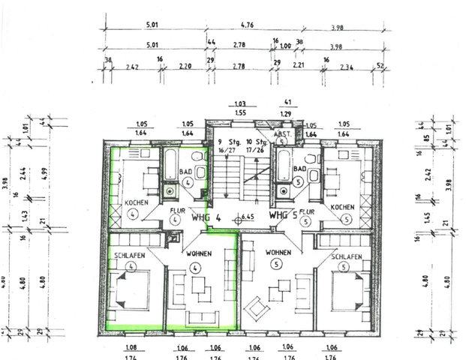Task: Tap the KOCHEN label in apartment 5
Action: tap(342, 207)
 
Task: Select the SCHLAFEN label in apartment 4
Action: tap(130, 256)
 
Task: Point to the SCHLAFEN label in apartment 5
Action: tap(345, 257)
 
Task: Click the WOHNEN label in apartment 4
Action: tap(194, 254)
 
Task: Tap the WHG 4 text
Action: tap(204, 217)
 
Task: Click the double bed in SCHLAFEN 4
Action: tap(132, 289)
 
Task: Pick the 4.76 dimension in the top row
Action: tap(247, 25)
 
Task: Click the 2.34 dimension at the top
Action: tap(347, 67)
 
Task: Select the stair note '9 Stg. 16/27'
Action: tap(226, 145)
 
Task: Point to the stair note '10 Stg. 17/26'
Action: tap(259, 145)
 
